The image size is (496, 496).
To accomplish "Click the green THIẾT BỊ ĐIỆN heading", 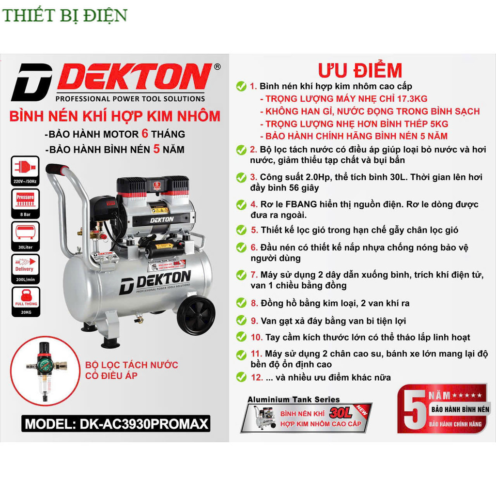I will tap(64, 15).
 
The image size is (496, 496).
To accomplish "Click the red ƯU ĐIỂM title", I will tap(360, 71).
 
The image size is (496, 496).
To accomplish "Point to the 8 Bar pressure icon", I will tap(25, 201).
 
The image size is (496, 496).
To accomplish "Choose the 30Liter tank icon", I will tap(25, 234).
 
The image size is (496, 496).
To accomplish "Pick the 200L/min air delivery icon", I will tap(25, 267).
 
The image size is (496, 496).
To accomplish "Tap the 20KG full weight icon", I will tap(25, 300).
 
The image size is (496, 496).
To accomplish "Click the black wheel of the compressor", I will tap(196, 315).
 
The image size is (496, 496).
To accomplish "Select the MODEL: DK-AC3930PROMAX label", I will tap(116, 424).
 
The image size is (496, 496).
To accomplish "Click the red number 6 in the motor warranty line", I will tap(145, 134).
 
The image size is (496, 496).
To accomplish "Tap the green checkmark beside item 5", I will tap(241, 230).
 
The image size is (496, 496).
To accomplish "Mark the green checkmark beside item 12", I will tap(241, 377).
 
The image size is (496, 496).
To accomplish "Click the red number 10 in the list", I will tap(256, 337).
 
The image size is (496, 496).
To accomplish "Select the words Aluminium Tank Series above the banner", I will tap(294, 400).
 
